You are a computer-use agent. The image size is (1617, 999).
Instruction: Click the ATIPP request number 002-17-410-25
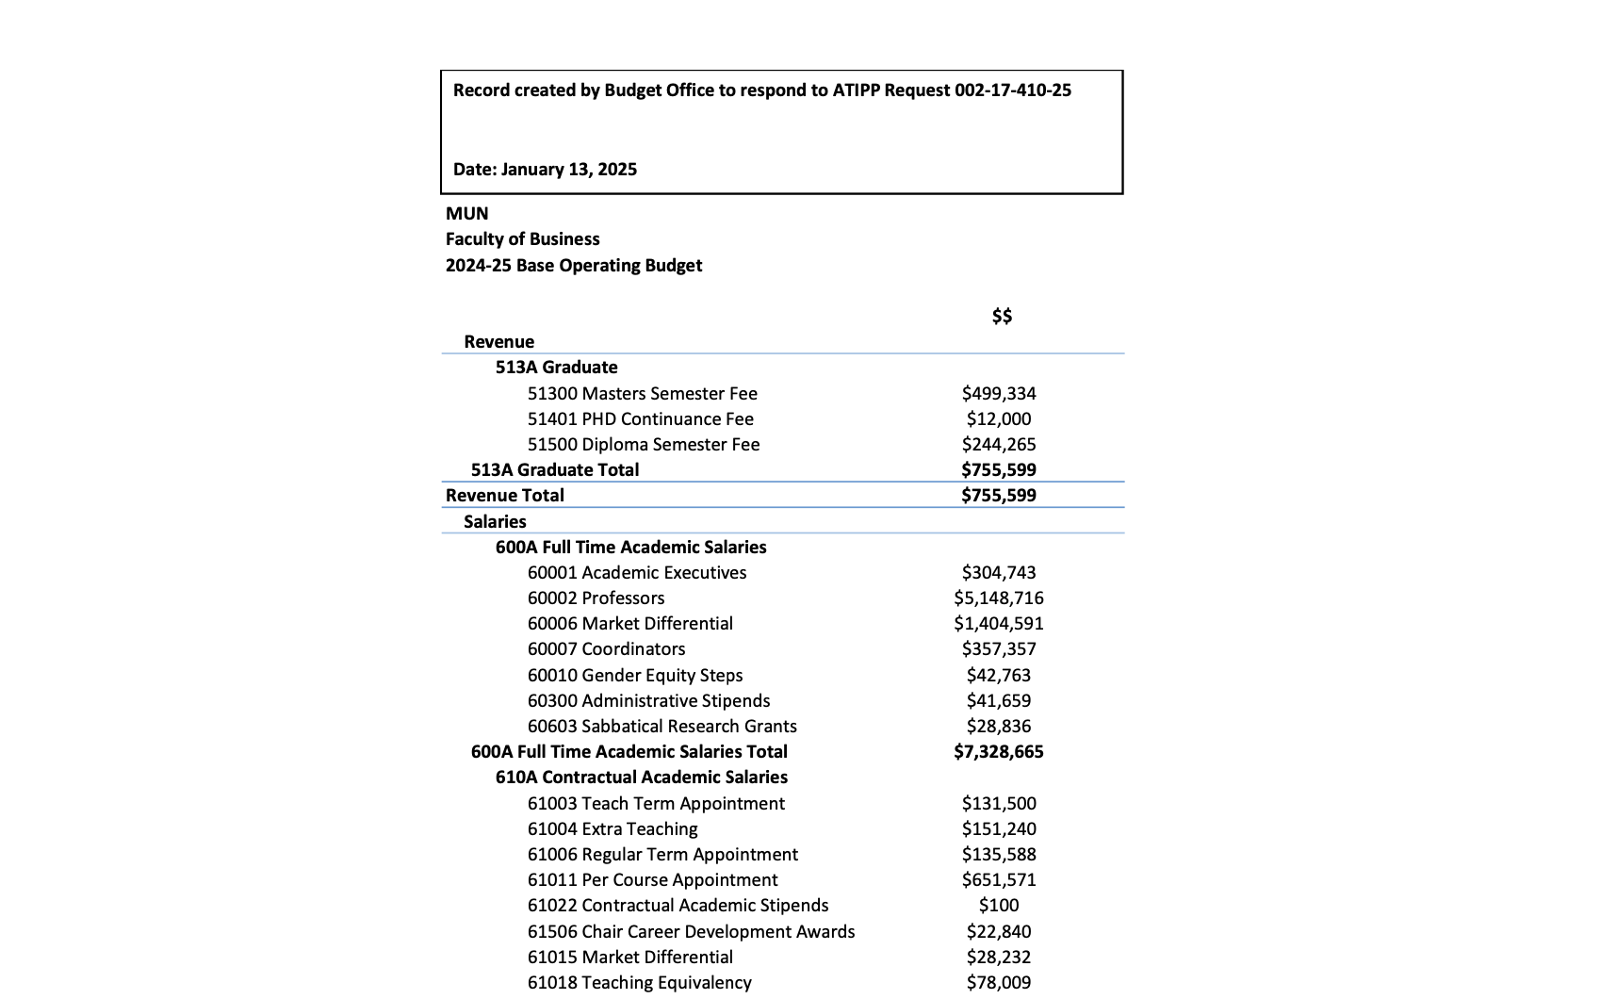pyautogui.click(x=1012, y=90)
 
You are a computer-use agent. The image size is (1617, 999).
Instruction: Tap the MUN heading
pyautogui.click(x=466, y=214)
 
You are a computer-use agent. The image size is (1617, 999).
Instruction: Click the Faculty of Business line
pyautogui.click(x=522, y=239)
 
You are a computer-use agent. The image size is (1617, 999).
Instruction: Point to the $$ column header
pyautogui.click(x=1001, y=317)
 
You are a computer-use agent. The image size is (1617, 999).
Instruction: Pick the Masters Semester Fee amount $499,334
pyautogui.click(x=998, y=394)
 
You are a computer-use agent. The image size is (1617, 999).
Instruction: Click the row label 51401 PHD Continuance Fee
pyautogui.click(x=640, y=419)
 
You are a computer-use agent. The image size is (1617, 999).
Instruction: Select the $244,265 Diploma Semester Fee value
pyautogui.click(x=998, y=445)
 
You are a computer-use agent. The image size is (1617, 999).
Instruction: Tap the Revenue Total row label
pyautogui.click(x=504, y=496)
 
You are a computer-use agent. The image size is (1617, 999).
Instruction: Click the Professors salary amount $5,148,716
pyautogui.click(x=998, y=598)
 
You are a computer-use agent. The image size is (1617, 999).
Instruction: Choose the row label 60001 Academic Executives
pyautogui.click(x=636, y=573)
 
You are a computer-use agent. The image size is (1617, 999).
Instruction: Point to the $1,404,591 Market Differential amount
pyautogui.click(x=998, y=624)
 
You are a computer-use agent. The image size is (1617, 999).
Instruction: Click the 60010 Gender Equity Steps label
pyautogui.click(x=634, y=676)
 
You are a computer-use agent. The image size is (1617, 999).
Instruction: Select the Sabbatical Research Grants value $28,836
pyautogui.click(x=998, y=727)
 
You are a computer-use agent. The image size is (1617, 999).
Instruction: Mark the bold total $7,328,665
pyautogui.click(x=998, y=752)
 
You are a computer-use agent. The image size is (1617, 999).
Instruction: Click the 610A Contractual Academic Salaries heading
pyautogui.click(x=641, y=778)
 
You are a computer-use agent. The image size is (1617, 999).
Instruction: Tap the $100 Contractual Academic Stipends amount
pyautogui.click(x=998, y=906)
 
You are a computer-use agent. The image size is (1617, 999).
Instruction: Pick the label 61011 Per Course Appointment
pyautogui.click(x=652, y=880)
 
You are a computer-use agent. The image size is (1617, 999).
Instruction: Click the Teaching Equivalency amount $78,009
pyautogui.click(x=998, y=983)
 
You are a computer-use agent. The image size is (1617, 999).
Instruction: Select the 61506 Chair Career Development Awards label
pyautogui.click(x=691, y=932)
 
